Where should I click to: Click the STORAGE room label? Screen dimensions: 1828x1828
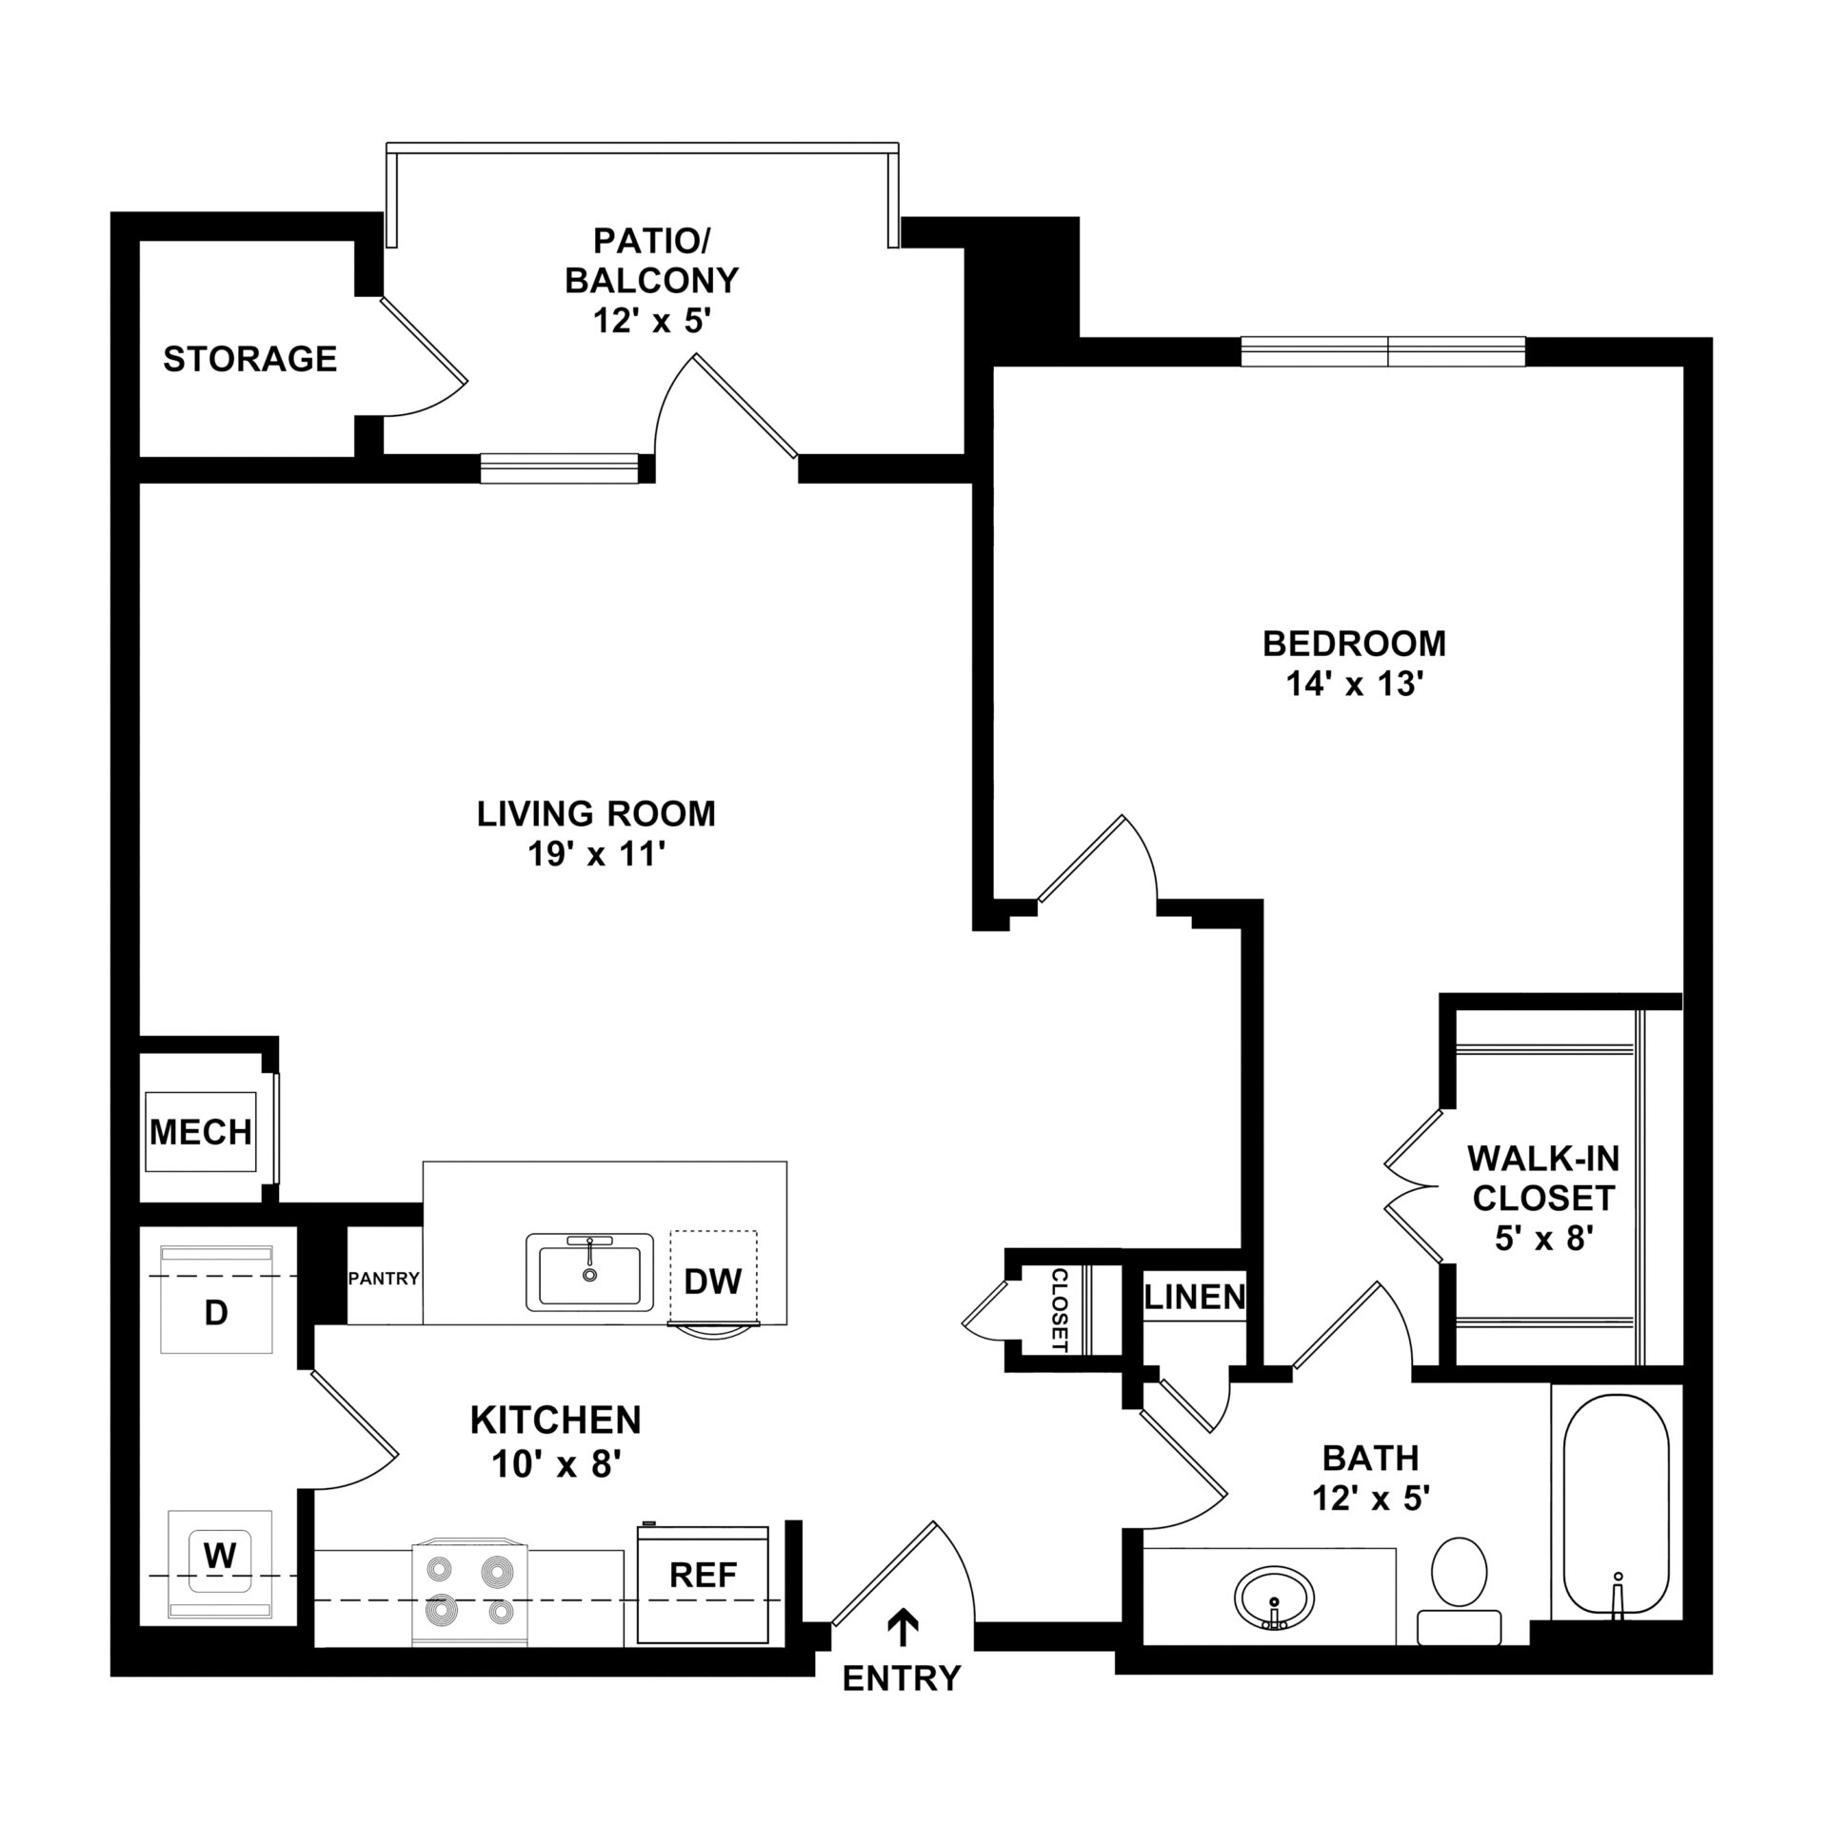249,359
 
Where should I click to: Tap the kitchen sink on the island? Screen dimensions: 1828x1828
590,1272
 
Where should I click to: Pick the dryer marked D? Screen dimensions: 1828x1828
216,1299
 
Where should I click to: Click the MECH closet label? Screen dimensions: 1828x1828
201,1132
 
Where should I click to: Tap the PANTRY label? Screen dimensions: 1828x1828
384,1279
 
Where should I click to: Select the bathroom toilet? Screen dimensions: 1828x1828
1460,1590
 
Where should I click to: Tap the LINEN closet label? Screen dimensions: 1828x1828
1195,1297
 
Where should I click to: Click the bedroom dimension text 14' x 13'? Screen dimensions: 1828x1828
1354,684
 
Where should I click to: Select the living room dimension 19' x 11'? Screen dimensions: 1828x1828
596,854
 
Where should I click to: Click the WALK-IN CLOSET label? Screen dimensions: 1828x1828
1543,1178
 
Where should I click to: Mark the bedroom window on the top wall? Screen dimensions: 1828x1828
1383,351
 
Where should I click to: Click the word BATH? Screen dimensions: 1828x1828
1371,1458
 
